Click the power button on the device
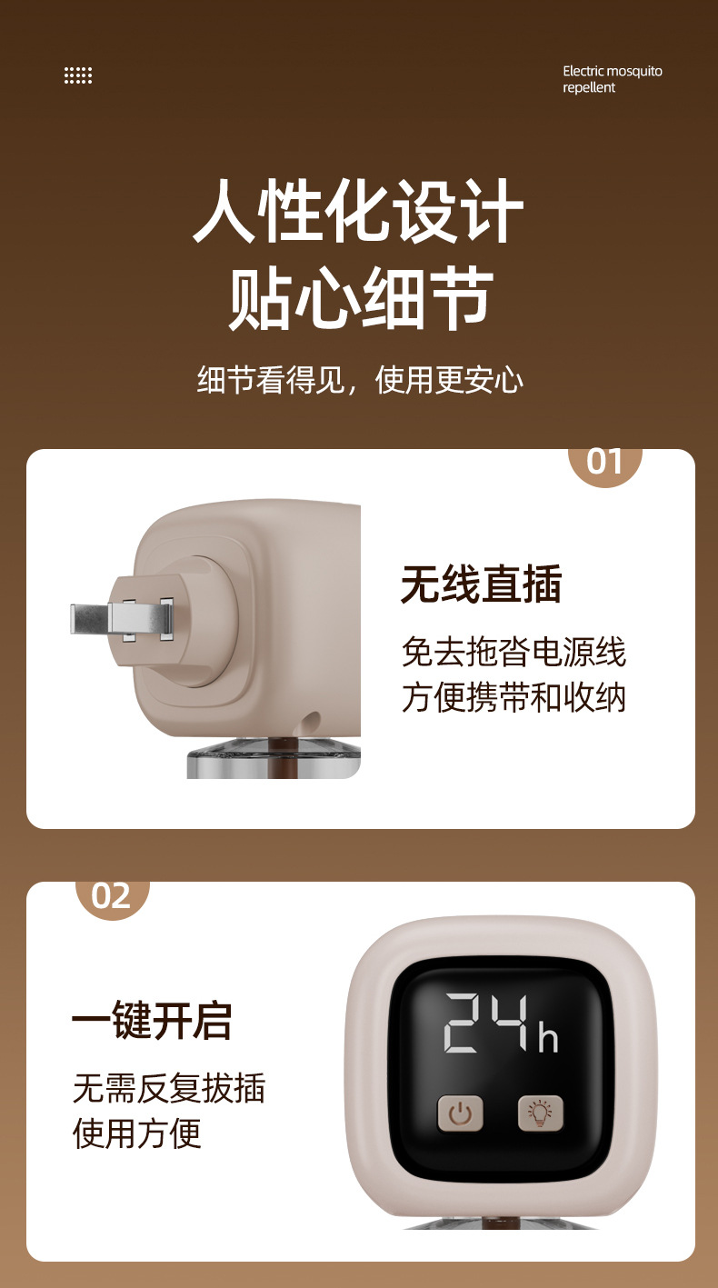tap(461, 1113)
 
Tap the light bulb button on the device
tap(541, 1113)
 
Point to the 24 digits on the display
tap(485, 1023)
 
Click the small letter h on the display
tap(548, 1037)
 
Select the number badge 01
tap(604, 461)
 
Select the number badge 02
tap(112, 895)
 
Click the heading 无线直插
tap(482, 584)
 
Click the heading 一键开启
tap(152, 1020)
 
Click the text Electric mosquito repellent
tap(612, 79)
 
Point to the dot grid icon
tap(78, 75)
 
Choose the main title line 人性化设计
tap(359, 211)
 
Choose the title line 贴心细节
tap(359, 297)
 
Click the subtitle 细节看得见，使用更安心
tap(360, 380)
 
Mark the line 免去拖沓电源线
tap(514, 652)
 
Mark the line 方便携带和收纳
tap(514, 697)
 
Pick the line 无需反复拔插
tap(169, 1087)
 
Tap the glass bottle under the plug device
tap(273, 762)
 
